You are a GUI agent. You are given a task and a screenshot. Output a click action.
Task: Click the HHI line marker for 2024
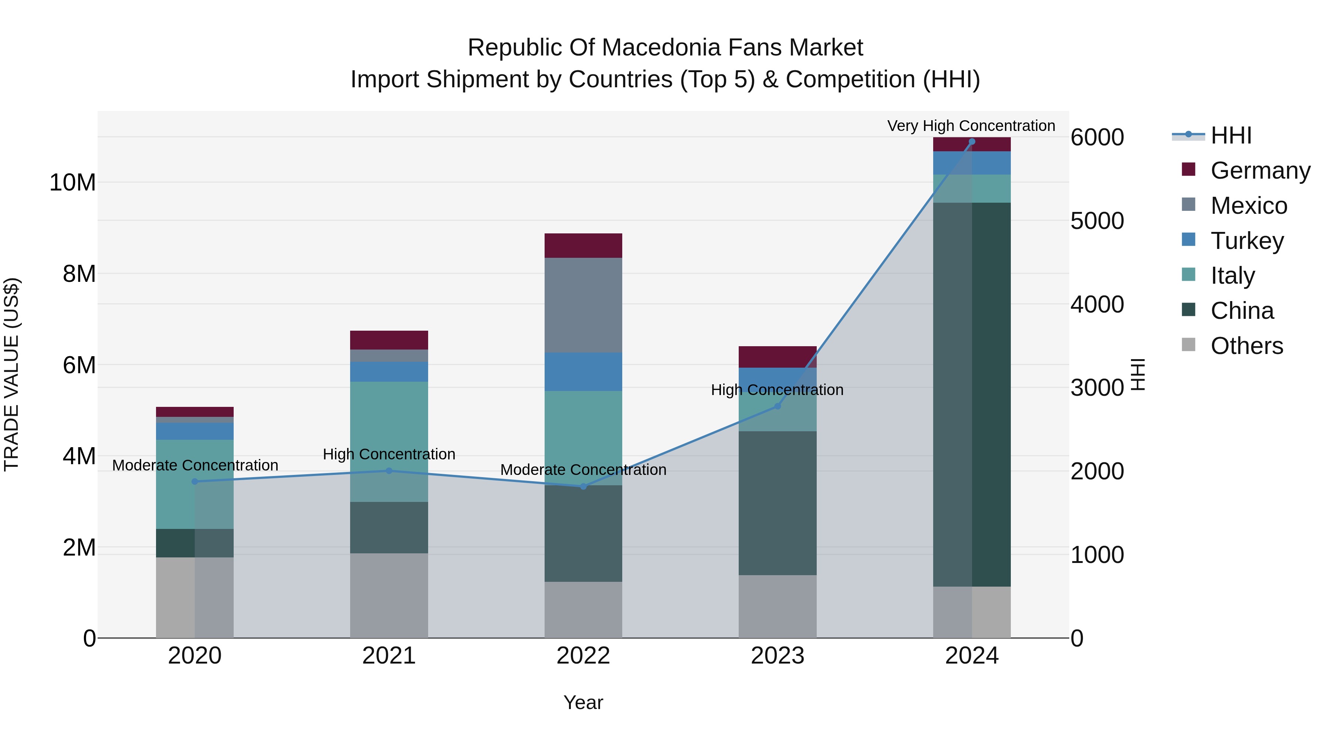971,142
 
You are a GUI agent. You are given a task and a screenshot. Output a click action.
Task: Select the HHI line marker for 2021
389,471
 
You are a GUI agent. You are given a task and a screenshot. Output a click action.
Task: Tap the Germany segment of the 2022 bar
583,246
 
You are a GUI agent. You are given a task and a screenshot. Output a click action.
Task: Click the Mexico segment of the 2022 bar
583,305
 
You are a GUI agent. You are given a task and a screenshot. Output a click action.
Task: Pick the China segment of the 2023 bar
777,503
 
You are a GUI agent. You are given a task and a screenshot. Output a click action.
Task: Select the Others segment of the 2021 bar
389,596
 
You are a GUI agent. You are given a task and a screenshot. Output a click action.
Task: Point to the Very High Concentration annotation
971,126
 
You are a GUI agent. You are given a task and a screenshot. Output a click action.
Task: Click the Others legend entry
1246,346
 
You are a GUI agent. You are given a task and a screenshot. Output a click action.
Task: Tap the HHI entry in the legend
1231,135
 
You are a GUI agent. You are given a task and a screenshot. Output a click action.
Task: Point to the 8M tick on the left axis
79,274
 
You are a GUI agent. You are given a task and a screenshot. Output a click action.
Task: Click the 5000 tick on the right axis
1097,221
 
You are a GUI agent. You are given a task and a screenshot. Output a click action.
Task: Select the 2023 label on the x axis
777,656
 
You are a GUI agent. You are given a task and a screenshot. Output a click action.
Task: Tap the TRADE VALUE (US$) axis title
11,374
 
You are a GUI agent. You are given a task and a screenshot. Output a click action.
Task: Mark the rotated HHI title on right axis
1138,374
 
